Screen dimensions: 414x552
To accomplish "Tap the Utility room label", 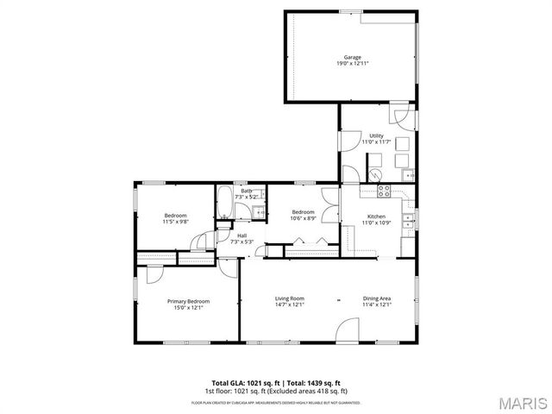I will [376, 135].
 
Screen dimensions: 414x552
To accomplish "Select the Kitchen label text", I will [377, 216].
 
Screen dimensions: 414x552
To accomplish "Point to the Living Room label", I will [290, 298].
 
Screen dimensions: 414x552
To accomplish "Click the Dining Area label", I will [377, 298].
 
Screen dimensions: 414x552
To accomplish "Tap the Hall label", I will [242, 235].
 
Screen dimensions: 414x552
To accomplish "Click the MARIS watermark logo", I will [521, 403].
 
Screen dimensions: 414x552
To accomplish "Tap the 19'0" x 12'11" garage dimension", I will [352, 63].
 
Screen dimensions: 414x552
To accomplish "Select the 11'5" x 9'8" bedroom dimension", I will [175, 222].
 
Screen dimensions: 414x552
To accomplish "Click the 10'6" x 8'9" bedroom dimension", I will [302, 218].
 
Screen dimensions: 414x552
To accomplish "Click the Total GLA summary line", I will [276, 383].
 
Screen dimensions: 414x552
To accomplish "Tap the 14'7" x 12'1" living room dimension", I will [290, 304].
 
